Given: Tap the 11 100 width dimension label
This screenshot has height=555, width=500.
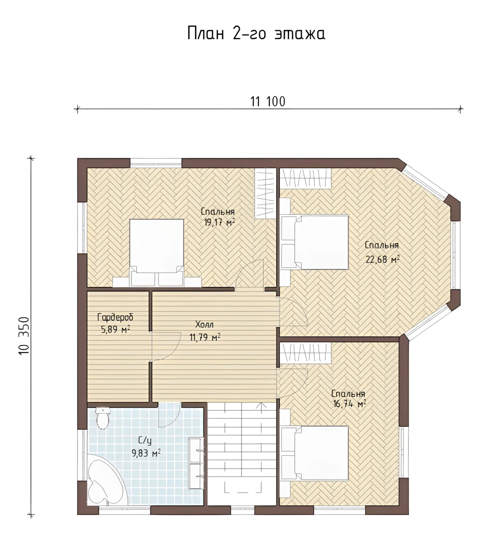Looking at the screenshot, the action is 268,102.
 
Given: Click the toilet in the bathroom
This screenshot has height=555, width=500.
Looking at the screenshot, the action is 103,418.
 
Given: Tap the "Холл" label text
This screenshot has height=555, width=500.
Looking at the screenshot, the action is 204,324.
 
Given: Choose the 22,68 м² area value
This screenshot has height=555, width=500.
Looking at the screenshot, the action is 383,260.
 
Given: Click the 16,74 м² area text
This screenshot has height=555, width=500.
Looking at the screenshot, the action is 348,404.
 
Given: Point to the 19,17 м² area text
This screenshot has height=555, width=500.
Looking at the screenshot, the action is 219,222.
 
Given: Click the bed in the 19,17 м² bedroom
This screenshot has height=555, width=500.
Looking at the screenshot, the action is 157,253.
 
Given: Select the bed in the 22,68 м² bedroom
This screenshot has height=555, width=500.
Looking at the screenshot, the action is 315,242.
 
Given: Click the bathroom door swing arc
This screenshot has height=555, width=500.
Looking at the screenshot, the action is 170,415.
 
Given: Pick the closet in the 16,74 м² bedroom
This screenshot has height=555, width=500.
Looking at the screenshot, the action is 305,353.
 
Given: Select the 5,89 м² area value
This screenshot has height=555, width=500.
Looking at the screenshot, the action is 116,330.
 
